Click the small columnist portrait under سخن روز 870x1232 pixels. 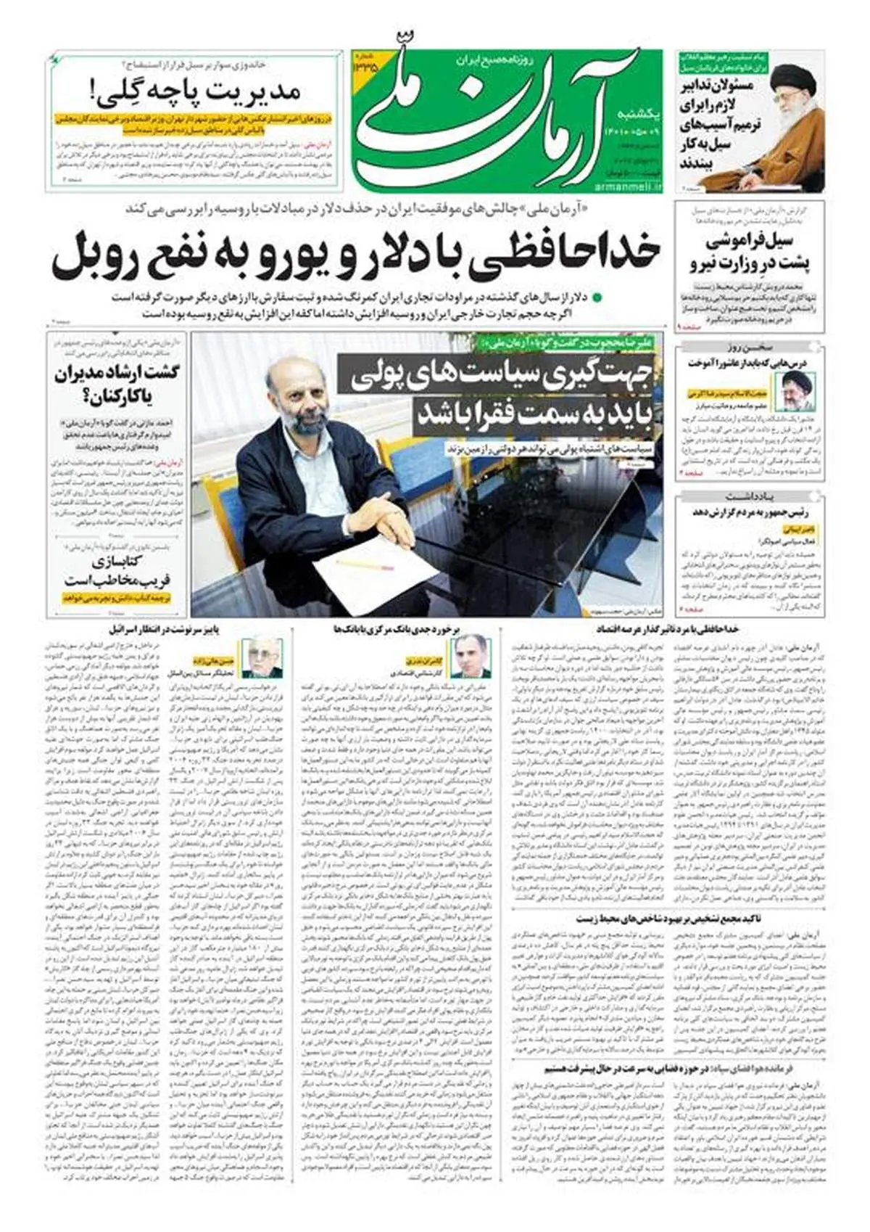797,392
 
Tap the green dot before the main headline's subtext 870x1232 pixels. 597,297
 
